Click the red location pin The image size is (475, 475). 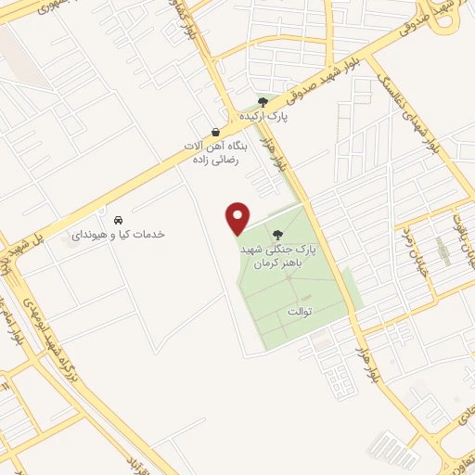(x=238, y=217)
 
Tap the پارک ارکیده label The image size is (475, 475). (x=265, y=116)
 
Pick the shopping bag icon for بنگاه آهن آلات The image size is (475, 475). (x=215, y=131)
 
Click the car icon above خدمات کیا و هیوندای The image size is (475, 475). (x=118, y=220)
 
